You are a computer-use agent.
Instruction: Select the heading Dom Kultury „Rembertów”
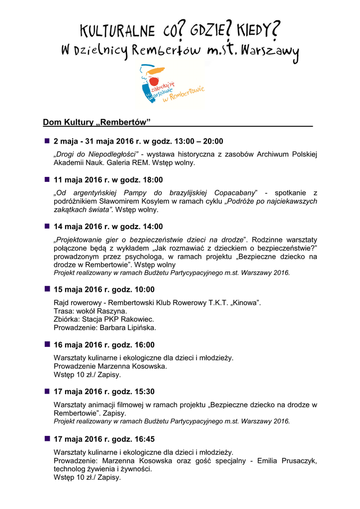(96, 122)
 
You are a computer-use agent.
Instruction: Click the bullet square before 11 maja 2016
(47, 179)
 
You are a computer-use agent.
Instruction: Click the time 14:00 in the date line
(153, 227)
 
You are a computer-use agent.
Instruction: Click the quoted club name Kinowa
(245, 303)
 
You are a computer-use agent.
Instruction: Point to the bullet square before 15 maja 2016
(47, 289)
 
